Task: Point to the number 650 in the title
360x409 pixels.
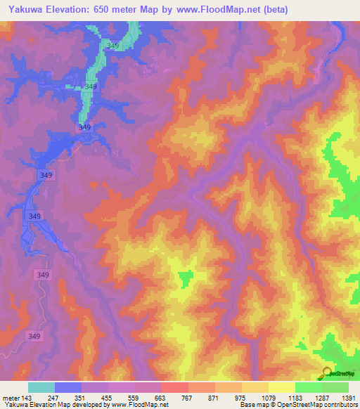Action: [x=110, y=10]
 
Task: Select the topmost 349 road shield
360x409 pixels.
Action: [x=112, y=46]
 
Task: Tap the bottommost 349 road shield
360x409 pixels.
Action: [x=34, y=337]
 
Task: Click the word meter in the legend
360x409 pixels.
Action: [x=12, y=398]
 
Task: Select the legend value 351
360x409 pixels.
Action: [x=81, y=398]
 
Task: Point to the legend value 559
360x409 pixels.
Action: [x=134, y=398]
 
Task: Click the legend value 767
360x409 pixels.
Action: [x=188, y=398]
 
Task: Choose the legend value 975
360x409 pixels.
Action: [x=241, y=398]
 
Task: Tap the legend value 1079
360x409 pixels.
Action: [x=268, y=398]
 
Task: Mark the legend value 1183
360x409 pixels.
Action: [x=295, y=398]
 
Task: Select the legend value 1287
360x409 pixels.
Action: [x=321, y=398]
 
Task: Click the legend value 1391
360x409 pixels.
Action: [x=347, y=398]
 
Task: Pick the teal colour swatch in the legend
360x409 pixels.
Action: [x=41, y=387]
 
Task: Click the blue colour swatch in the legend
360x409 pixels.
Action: [x=68, y=387]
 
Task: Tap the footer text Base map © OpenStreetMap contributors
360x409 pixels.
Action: [x=298, y=405]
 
